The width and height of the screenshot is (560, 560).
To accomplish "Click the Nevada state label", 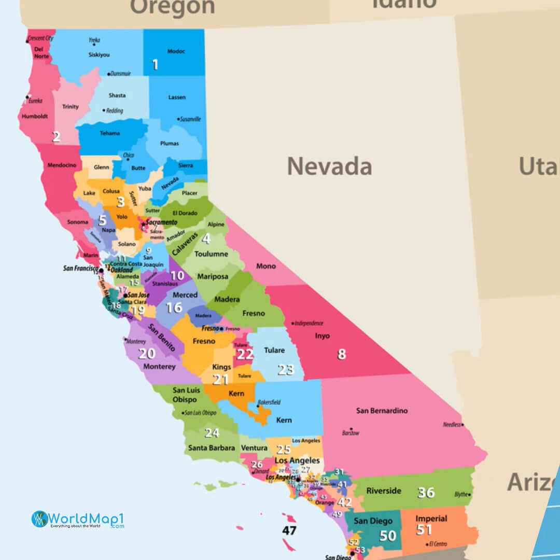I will [x=329, y=166].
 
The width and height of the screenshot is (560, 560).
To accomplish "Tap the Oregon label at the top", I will [x=172, y=7].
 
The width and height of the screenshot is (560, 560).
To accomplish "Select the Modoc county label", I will [x=176, y=51].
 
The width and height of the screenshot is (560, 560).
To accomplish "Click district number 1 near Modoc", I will [x=155, y=64].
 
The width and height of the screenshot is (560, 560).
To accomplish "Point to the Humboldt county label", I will [x=35, y=117].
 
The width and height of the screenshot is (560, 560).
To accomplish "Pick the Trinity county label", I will [x=71, y=107].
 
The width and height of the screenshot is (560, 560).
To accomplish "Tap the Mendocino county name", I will [x=62, y=165].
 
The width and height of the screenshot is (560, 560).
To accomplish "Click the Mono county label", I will [x=266, y=267].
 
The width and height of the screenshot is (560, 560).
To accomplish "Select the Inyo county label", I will [x=322, y=336].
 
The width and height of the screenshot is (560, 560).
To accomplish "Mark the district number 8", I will [x=341, y=354].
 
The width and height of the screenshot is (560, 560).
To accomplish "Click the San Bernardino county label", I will [x=382, y=411].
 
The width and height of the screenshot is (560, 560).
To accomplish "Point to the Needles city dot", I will [x=463, y=425].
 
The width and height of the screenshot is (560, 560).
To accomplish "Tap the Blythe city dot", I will [x=470, y=495].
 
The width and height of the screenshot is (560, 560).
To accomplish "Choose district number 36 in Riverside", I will [x=426, y=492].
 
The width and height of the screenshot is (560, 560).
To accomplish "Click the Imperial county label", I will [x=431, y=519].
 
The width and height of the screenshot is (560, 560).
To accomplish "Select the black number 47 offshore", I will [x=289, y=530].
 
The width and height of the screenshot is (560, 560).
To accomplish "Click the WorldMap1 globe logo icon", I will [x=39, y=519].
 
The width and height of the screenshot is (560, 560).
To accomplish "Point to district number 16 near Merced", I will [x=174, y=308].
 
